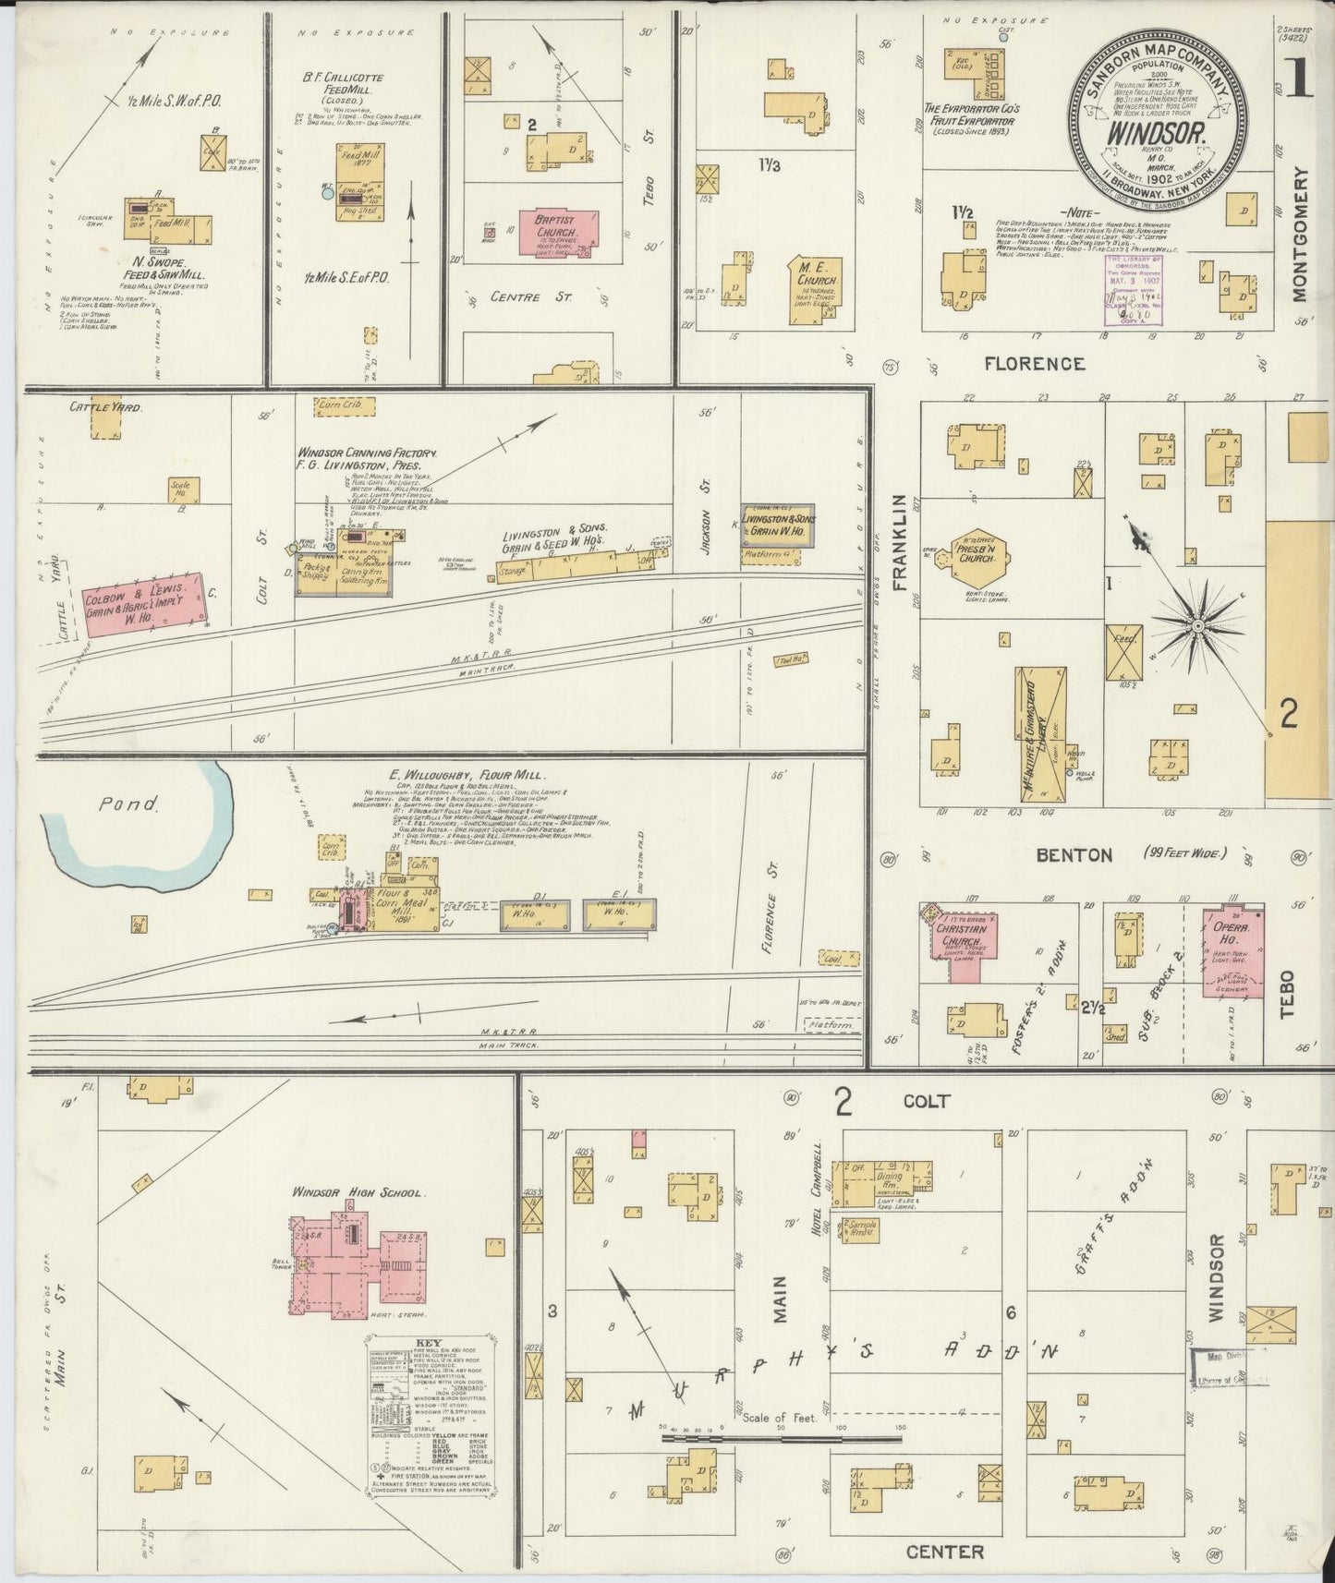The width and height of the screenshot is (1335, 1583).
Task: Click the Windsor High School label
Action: coord(358,1192)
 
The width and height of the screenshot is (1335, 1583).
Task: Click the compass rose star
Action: coord(1197,627)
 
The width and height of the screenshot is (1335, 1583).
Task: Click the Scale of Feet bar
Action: coord(781,1437)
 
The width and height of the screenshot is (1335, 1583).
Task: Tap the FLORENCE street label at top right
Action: coord(1033,364)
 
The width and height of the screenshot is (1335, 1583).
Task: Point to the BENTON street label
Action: coord(1074,855)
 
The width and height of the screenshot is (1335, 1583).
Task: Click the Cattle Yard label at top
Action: coord(105,406)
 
